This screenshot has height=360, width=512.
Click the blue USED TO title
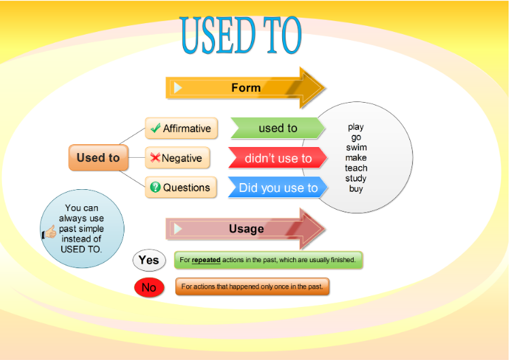[x=241, y=35]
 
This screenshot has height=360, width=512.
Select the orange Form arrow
[x=245, y=88]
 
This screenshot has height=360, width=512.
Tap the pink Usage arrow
[x=245, y=229]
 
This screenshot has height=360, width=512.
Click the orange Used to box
[x=99, y=157]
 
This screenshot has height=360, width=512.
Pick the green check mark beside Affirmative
[x=156, y=128]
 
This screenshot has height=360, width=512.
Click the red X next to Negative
[x=155, y=157]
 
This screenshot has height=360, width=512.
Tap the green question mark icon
[x=155, y=187]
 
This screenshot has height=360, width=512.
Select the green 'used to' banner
[x=278, y=128]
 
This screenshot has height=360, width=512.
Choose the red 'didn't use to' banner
[x=278, y=158]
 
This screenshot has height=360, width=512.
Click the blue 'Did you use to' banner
[x=278, y=188]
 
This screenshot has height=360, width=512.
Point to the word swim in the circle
[x=356, y=147]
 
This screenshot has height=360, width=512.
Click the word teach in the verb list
[x=356, y=168]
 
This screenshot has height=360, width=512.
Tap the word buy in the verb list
[x=356, y=189]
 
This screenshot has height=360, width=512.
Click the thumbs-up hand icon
[x=49, y=232]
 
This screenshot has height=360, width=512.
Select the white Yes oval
[x=149, y=260]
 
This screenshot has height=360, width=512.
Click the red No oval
[x=149, y=287]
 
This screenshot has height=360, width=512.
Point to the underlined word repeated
[x=206, y=260]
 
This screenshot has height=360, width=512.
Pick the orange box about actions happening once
[x=252, y=287]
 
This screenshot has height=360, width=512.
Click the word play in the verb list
[x=356, y=127]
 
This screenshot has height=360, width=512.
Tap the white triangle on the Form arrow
[x=177, y=88]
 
